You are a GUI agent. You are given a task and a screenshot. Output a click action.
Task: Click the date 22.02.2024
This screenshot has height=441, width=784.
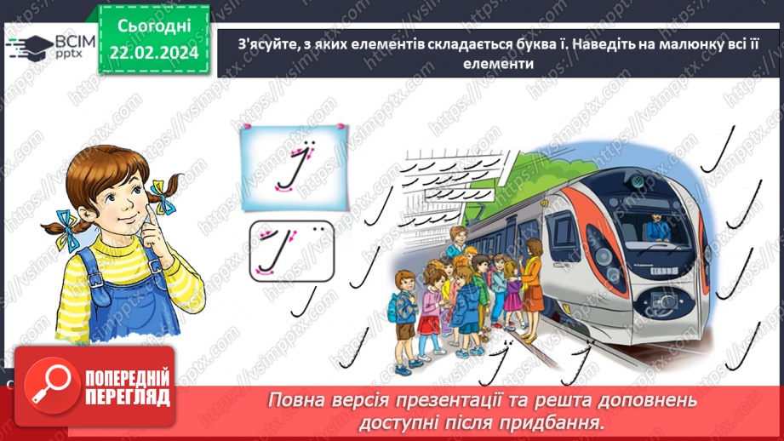(x=154, y=53)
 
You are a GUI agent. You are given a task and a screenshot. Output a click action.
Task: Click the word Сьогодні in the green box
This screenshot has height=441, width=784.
(x=154, y=27)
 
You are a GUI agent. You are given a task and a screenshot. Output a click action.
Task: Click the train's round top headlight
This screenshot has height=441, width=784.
(x=637, y=181)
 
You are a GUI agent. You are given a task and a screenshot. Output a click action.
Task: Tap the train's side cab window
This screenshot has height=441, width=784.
(x=561, y=229)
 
